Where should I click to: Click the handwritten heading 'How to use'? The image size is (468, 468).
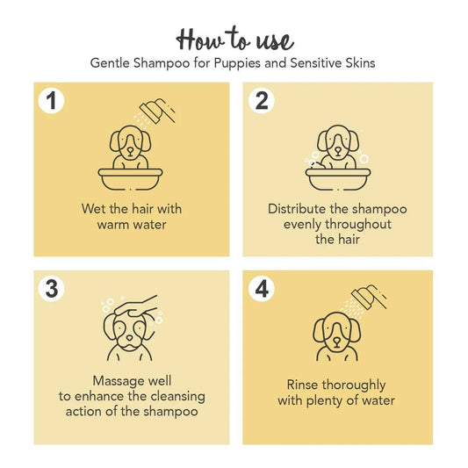click(234, 39)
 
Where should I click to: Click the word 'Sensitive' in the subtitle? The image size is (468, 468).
click(326, 64)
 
